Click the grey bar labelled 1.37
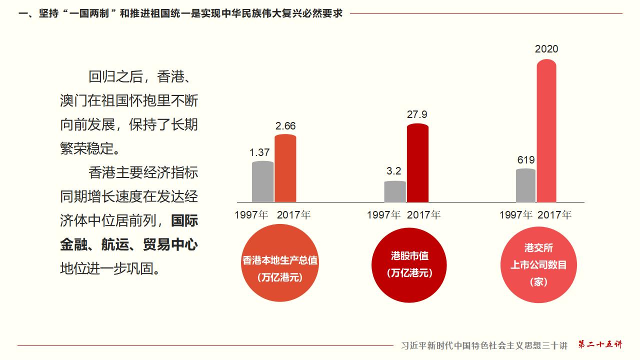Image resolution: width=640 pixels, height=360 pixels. tap(262, 181)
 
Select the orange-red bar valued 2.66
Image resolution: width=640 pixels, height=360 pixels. tap(285, 168)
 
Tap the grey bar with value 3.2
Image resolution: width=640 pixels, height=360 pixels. tap(395, 191)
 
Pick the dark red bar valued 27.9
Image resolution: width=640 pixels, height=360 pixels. tap(417, 163)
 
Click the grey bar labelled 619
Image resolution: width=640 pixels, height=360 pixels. tap(525, 185)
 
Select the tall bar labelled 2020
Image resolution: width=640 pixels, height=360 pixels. tap(546, 131)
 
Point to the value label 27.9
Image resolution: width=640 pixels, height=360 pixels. tap(417, 114)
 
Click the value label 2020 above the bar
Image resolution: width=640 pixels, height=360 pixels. tap(546, 49)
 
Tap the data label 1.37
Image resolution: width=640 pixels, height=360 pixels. tap(259, 152)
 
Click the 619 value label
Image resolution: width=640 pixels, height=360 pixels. tap(526, 160)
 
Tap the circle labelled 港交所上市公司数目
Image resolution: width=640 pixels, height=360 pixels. tap(538, 264)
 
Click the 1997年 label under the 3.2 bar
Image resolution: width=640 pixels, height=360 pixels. tap(383, 215)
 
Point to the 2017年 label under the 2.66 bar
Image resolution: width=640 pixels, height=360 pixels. tap(293, 215)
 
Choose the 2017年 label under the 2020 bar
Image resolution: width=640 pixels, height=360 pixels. tap(554, 215)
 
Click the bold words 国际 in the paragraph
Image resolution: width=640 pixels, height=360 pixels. tap(184, 220)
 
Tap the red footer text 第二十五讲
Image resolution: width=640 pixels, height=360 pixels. tap(600, 344)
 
